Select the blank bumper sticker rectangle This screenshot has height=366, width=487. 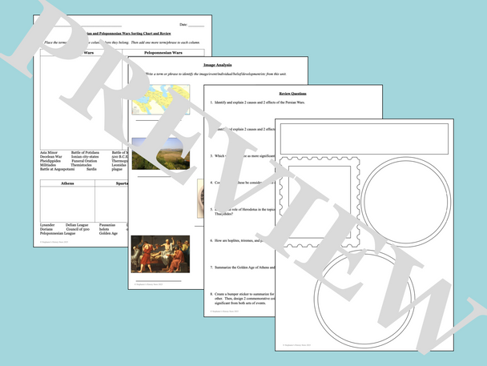coord(364,139)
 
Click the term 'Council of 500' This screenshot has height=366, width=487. coord(81,230)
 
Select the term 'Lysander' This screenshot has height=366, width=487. coord(48,225)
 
